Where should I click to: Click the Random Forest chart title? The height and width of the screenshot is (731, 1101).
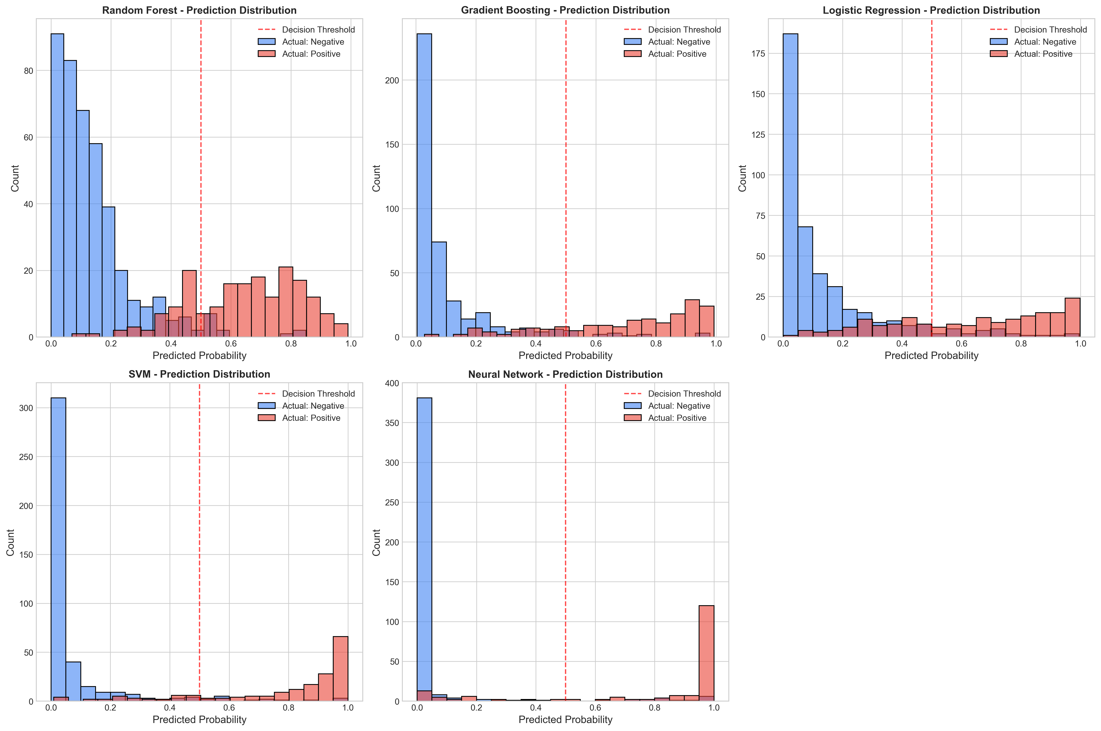tap(199, 10)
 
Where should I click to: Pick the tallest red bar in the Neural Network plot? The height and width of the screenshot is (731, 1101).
tap(706, 653)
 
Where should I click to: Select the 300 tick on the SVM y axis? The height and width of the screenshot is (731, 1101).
tap(27, 408)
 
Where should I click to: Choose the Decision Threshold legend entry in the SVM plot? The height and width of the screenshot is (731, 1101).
tap(318, 394)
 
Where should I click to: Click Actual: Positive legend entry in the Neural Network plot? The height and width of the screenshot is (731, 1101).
tap(677, 418)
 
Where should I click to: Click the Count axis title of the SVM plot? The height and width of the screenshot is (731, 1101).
tap(10, 542)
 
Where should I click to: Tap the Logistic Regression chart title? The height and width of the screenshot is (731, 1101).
tap(931, 10)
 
